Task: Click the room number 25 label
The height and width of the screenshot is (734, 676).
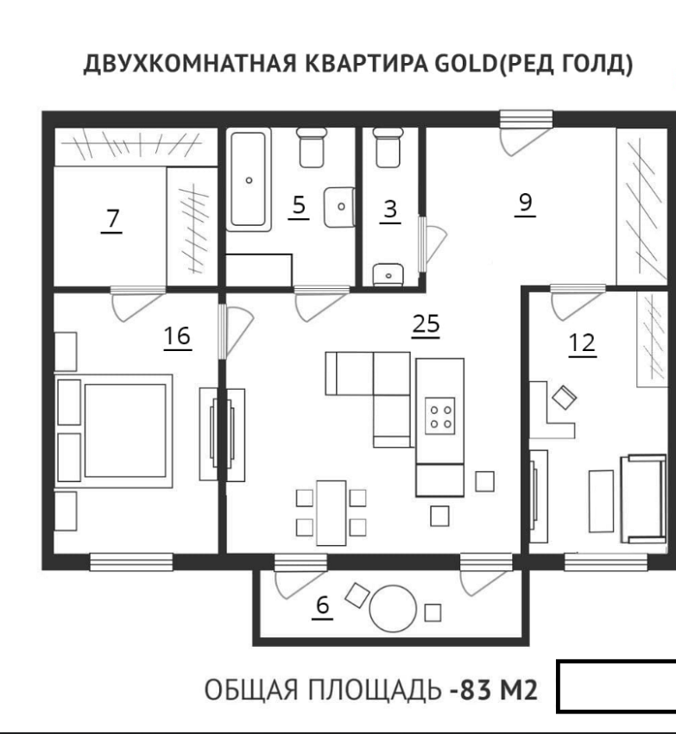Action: tap(426, 324)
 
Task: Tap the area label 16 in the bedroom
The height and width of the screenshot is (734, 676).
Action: tap(177, 336)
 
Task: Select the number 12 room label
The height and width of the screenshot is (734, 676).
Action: tap(582, 343)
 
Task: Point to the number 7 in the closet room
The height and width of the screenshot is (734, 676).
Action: tap(112, 218)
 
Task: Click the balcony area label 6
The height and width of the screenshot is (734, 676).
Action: tap(323, 605)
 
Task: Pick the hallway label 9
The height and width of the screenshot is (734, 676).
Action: tap(525, 204)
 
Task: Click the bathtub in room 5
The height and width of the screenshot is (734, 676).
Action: tap(249, 179)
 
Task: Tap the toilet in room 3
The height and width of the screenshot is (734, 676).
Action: tap(388, 148)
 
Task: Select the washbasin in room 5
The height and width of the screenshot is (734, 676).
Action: tap(338, 207)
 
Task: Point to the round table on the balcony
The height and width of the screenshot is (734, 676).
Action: tap(393, 609)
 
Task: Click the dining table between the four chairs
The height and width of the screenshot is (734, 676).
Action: tap(332, 513)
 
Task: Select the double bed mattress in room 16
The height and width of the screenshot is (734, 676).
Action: tap(125, 430)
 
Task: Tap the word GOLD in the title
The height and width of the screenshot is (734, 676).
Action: tap(465, 65)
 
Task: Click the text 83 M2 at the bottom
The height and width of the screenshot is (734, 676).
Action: tap(499, 689)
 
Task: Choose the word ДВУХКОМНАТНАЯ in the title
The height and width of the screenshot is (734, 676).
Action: tap(190, 65)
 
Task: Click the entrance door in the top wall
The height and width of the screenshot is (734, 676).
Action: tap(526, 119)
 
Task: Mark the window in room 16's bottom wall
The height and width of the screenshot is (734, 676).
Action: tap(131, 561)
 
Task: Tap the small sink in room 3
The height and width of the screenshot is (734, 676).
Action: tap(388, 275)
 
